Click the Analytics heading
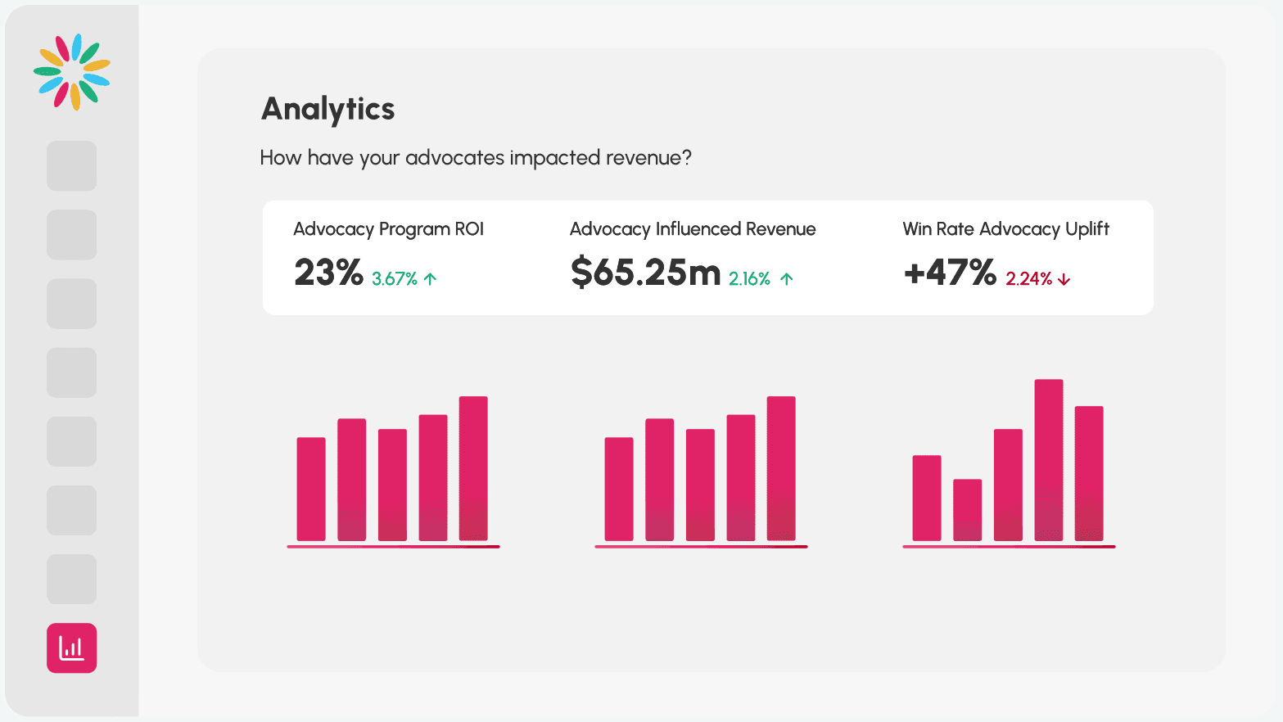coord(328,110)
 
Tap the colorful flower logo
coord(72,72)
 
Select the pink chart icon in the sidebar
coord(72,648)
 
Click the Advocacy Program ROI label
coord(388,229)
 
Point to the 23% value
coord(328,273)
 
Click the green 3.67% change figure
coord(395,279)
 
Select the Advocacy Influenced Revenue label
coord(693,229)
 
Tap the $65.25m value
coord(645,273)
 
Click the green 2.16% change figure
coord(749,279)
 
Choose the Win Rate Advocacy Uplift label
coord(1005,229)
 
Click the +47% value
coord(950,273)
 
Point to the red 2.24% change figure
coord(1028,279)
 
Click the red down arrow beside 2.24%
coord(1064,280)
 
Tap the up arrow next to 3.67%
coord(431,279)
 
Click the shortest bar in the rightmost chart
coord(968,510)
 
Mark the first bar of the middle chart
coord(619,489)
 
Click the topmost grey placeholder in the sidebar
coord(72,166)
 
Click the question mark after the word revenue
coord(686,158)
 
